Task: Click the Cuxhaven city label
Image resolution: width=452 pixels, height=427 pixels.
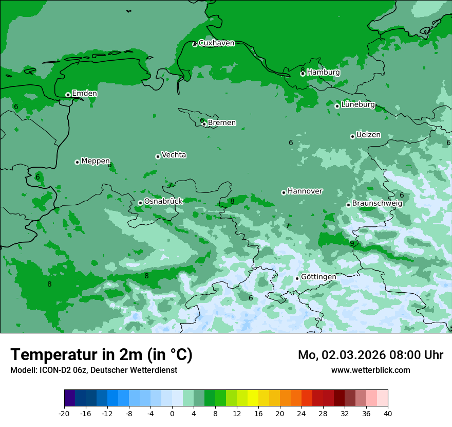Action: (x=216, y=43)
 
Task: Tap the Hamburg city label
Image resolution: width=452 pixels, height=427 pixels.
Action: (x=323, y=73)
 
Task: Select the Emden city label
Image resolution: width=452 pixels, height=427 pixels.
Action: (x=84, y=94)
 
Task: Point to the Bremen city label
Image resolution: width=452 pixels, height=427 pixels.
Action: (x=221, y=123)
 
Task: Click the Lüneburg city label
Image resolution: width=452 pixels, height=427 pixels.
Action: (x=358, y=104)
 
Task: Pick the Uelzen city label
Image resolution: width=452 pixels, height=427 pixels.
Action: (x=368, y=135)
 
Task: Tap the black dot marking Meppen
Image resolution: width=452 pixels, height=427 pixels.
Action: (x=77, y=162)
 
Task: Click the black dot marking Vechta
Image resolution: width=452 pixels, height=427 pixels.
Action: (x=158, y=156)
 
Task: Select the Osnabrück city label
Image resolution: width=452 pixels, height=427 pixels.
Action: (x=163, y=201)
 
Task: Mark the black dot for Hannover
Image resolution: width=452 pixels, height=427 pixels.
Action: (x=284, y=192)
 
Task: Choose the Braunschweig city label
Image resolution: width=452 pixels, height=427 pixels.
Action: (x=377, y=203)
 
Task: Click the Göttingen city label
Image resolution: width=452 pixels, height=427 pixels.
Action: (x=318, y=277)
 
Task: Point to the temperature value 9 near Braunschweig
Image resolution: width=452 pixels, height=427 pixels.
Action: (x=352, y=243)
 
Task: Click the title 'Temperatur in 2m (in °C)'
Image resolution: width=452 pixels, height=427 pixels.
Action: (x=101, y=355)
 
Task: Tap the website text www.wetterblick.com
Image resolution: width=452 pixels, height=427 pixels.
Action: (x=370, y=370)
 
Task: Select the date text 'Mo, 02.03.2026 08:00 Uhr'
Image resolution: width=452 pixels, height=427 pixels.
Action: (x=370, y=355)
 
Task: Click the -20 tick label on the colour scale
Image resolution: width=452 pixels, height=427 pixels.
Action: (x=64, y=413)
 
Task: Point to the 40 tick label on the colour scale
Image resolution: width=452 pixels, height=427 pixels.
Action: (x=388, y=413)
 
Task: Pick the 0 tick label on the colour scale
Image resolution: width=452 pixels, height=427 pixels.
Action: (x=172, y=413)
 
